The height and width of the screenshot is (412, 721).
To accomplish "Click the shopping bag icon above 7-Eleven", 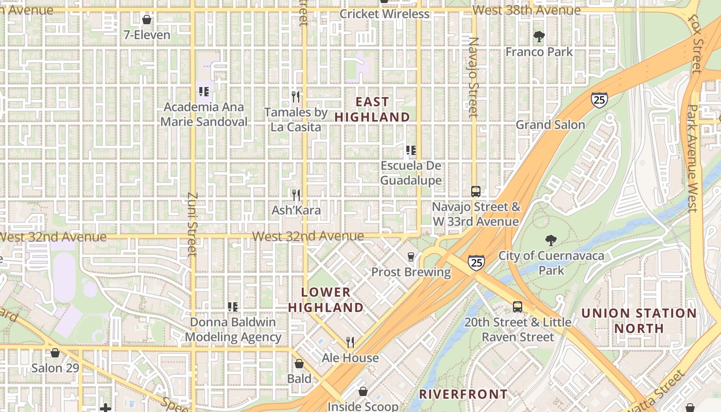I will pos(147,20).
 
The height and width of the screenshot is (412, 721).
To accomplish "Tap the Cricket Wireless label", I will pos(384,14).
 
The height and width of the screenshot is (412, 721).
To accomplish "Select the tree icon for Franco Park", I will pos(539,37).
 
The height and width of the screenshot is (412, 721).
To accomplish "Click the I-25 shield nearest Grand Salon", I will pos(599,100).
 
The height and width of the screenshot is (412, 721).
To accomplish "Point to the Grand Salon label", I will pos(550,125).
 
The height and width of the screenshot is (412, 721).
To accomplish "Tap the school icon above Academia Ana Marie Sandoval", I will pos(204,92).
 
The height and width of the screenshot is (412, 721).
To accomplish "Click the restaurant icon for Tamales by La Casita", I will pos(296,96).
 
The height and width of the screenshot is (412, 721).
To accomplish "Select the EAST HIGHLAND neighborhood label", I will pos(372,109).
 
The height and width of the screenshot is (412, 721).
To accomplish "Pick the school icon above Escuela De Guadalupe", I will pos(411,150).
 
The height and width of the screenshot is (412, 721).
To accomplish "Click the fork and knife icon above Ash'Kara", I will pos(296,195).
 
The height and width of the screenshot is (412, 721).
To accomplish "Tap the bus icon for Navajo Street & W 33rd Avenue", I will pos(476,192).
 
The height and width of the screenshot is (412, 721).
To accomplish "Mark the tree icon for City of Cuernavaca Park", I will pos(551,240).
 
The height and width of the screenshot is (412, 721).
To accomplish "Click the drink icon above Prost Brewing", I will pos(410,256).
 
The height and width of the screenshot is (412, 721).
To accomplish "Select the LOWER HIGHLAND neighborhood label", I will pos(325,300).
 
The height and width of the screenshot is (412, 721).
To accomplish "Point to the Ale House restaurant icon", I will pos(350,342).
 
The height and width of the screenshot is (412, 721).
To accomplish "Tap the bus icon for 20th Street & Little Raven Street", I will pos(518,307).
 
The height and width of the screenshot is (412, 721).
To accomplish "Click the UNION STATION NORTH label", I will pos(639,320).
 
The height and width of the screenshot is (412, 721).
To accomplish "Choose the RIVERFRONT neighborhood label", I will pos(463,394).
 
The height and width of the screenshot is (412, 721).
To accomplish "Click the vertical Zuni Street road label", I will pos(192,224).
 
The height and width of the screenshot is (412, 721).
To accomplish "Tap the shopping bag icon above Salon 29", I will pos(55,353).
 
